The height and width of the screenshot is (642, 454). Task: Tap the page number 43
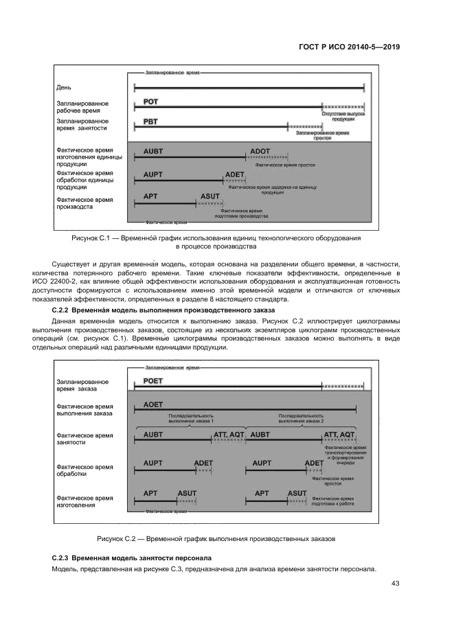[395, 584]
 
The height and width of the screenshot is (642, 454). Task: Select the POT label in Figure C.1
[151, 102]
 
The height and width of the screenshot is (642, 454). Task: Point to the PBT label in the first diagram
[150, 122]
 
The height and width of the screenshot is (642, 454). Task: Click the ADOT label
[260, 150]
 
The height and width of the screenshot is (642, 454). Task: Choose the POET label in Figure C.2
[152, 380]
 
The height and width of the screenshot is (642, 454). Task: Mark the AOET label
[153, 405]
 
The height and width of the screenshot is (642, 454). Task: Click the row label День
[63, 87]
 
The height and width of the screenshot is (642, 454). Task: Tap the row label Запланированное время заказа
[82, 385]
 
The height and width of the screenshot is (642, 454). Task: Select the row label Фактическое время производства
[84, 203]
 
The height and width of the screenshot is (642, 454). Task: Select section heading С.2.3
[132, 558]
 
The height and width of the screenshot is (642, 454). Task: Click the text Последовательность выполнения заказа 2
[300, 418]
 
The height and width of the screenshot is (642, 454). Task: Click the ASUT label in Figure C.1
[210, 196]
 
